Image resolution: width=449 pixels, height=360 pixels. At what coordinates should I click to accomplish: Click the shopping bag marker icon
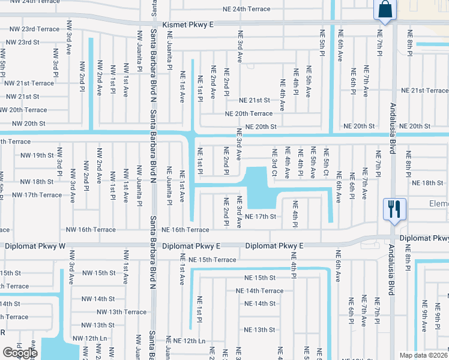[x=384, y=10]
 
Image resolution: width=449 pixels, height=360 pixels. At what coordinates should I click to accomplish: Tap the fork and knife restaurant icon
[x=394, y=209]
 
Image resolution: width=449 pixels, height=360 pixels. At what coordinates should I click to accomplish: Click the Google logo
[x=20, y=353]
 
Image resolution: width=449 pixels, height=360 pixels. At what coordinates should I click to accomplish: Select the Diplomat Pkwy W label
[x=34, y=246]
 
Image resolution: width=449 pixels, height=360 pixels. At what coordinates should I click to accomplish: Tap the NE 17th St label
[x=260, y=217]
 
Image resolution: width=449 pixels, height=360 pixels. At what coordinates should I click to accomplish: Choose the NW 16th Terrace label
[x=91, y=230]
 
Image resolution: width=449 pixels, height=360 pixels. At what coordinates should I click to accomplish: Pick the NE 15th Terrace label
[x=212, y=260]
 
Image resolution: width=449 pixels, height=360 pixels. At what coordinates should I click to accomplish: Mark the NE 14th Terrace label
[x=260, y=291]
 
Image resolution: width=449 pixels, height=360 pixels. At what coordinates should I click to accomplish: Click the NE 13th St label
[x=259, y=330]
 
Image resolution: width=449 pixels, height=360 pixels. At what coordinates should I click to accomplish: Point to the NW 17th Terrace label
[x=36, y=195]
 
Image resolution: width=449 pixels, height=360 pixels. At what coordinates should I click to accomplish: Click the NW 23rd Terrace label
[x=32, y=29]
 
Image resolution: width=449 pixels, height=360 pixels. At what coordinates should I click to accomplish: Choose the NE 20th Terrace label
[x=249, y=113]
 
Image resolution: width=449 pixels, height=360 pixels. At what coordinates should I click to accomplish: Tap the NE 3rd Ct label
[x=274, y=164]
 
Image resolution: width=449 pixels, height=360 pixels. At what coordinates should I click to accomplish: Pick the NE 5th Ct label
[x=327, y=164]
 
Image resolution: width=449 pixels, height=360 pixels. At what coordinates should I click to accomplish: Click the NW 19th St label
[x=37, y=155]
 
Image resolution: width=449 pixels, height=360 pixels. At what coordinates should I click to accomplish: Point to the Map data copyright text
[x=424, y=355]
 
